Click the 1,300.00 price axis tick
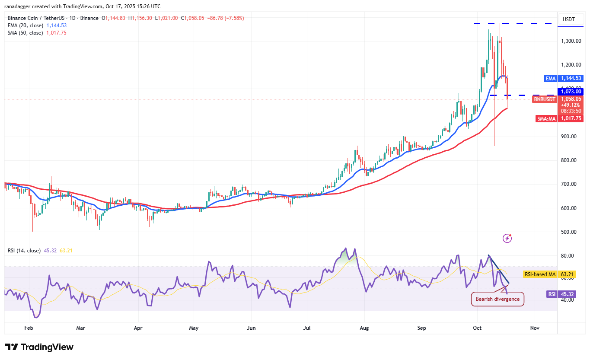tap(570, 41)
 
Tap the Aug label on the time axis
tap(364, 328)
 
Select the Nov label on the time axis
tap(535, 328)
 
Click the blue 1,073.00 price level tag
tap(571, 92)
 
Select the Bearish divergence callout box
tap(497, 299)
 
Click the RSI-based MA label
tap(540, 274)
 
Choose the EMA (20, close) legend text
tap(25, 25)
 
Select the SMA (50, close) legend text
tap(25, 33)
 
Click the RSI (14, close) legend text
tap(24, 251)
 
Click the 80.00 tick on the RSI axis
tap(567, 256)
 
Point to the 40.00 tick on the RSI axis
tap(567, 300)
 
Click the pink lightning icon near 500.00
tap(507, 238)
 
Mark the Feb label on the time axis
tap(29, 328)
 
